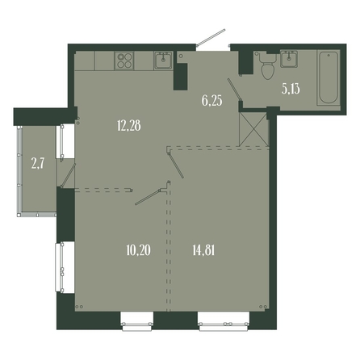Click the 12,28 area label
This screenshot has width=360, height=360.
pyautogui.click(x=129, y=126)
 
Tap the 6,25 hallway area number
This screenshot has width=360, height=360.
pyautogui.click(x=212, y=101)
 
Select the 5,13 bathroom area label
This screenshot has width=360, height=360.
pyautogui.click(x=291, y=89)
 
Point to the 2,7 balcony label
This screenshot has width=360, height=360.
pyautogui.click(x=38, y=163)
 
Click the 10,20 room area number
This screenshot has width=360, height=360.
pyautogui.click(x=138, y=250)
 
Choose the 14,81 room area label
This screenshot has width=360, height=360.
pyautogui.click(x=203, y=250)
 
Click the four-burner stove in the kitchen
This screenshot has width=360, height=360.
pyautogui.click(x=124, y=61)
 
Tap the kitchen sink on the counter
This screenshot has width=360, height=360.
pyautogui.click(x=163, y=61)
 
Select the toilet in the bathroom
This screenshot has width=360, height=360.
pyautogui.click(x=267, y=65)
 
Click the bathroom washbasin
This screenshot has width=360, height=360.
pyautogui.click(x=289, y=59)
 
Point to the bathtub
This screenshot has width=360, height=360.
pyautogui.click(x=329, y=77)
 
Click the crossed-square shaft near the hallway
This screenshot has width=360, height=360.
pyautogui.click(x=254, y=129)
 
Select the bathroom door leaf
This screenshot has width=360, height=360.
pyautogui.click(x=234, y=89)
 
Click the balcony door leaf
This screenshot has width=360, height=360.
pyautogui.click(x=69, y=175)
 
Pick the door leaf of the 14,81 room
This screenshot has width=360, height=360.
pyautogui.click(x=176, y=165)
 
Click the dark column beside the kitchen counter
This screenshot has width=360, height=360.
pyautogui.click(x=180, y=77)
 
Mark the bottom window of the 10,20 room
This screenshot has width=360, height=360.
pyautogui.click(x=137, y=322)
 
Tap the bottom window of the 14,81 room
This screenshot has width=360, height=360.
pyautogui.click(x=224, y=322)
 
